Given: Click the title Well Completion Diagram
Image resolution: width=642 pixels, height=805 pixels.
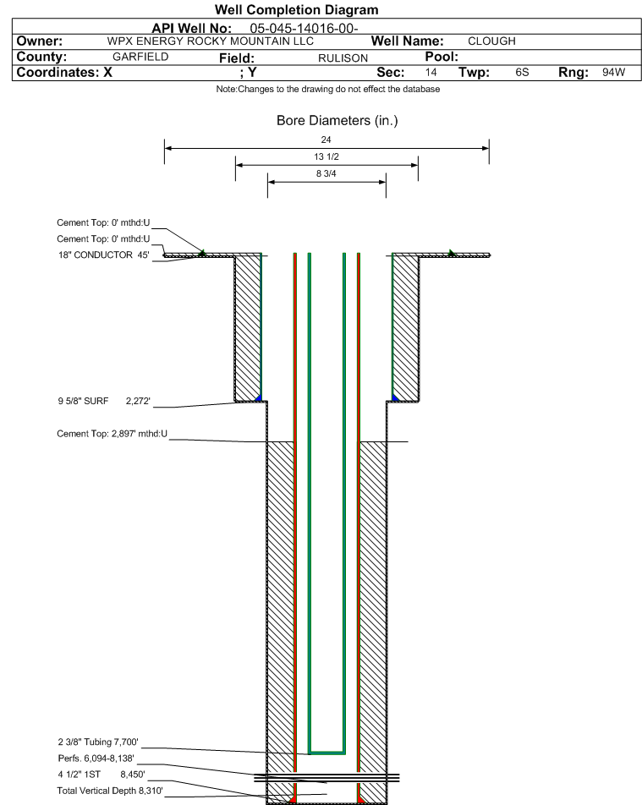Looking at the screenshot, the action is (x=296, y=10).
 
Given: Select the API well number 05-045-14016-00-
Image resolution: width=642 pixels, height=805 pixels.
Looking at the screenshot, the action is (x=304, y=28).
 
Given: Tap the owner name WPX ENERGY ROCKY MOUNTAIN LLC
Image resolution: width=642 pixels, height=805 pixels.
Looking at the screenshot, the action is (x=210, y=41).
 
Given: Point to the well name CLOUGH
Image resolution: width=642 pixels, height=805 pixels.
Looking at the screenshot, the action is (x=491, y=41).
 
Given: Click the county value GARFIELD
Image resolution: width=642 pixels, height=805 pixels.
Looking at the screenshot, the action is (x=140, y=57).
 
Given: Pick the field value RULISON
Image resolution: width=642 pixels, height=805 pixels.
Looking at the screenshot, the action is (x=343, y=58).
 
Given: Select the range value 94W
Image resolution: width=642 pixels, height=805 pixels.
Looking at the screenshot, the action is (x=614, y=72).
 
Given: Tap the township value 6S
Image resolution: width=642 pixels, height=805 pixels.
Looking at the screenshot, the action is (x=522, y=72).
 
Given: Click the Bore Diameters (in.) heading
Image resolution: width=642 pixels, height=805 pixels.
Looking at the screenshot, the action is (x=337, y=121).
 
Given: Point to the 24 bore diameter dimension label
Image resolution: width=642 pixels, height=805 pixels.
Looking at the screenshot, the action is (x=326, y=140).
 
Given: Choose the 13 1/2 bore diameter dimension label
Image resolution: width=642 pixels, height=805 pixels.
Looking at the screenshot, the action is (x=326, y=156).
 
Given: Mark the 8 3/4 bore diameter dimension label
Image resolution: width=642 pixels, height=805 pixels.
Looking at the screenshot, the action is (x=326, y=173).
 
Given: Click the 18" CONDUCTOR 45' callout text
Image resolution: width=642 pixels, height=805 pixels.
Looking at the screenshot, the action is (x=104, y=255).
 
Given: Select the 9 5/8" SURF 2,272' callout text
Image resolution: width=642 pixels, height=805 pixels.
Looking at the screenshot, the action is (x=104, y=401).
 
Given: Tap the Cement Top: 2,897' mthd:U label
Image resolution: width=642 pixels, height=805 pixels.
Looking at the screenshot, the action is (x=112, y=434).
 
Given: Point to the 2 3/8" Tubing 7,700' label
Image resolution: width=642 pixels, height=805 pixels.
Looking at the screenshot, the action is (x=98, y=742).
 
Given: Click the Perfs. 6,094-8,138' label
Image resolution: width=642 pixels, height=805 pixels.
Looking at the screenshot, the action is (x=96, y=758).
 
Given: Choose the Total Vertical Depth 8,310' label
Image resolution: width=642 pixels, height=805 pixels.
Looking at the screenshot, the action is (x=110, y=791).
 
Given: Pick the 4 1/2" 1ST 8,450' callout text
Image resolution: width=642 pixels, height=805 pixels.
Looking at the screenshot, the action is (x=102, y=775).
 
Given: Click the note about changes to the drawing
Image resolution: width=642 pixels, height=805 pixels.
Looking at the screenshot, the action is (x=327, y=89).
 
